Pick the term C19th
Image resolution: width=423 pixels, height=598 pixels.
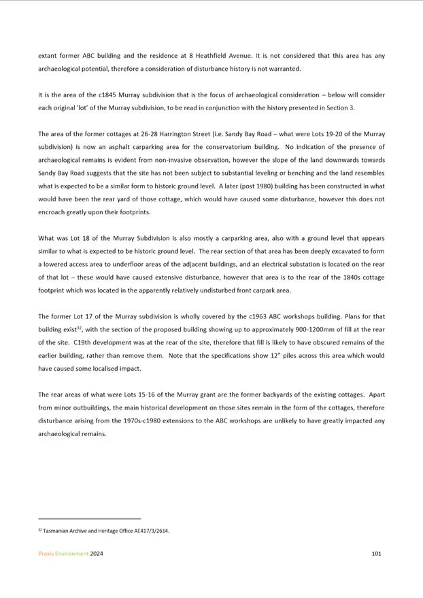tap(83, 342)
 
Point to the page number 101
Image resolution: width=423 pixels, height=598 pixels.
tap(376, 554)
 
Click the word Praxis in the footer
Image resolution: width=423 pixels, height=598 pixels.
tap(48, 554)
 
